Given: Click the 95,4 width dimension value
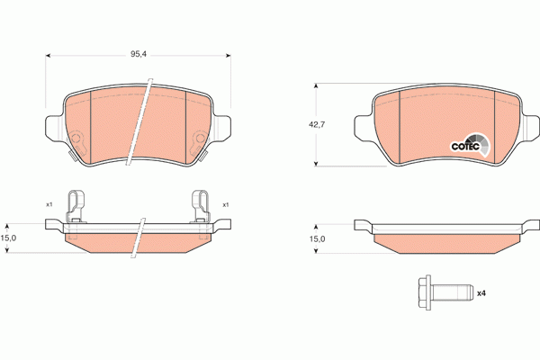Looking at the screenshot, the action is point(138,54).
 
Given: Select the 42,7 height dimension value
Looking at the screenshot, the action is point(317,125).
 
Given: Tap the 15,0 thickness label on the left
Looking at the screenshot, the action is point(8,238).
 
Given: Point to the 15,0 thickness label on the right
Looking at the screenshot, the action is point(317,238).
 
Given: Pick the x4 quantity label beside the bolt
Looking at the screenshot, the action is point(481,293).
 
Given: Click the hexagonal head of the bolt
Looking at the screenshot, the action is point(425,292).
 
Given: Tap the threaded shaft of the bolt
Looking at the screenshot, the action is point(452,292).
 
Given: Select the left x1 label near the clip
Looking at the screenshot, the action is point(49,204).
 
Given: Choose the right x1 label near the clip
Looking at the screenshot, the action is point(226,205).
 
